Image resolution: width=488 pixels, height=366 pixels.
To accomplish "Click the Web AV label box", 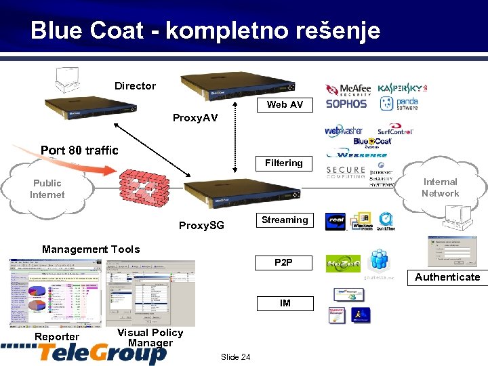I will (x=285, y=104).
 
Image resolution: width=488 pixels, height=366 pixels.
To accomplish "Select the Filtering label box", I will (x=284, y=163).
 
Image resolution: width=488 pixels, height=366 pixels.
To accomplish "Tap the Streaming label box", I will (x=285, y=220).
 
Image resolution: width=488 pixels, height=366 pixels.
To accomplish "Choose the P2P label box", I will (x=285, y=262).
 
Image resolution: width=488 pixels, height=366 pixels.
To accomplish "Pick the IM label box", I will (x=285, y=303).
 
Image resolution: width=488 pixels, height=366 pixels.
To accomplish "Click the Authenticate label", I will (x=447, y=277).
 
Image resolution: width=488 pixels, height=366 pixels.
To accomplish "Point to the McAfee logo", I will (x=349, y=89).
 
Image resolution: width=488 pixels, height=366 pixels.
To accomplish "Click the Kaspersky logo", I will (x=403, y=88).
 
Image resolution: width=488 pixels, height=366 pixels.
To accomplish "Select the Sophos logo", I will (x=346, y=104).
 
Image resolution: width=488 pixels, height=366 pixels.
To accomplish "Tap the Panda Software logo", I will (x=399, y=104).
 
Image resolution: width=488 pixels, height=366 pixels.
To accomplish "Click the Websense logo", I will (x=359, y=154).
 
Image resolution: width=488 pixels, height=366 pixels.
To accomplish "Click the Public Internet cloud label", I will (x=47, y=188).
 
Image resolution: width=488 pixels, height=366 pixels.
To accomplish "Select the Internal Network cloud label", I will (x=440, y=187).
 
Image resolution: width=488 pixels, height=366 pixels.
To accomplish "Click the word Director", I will (x=135, y=86).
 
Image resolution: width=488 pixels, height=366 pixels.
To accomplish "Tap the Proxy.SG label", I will (x=201, y=225).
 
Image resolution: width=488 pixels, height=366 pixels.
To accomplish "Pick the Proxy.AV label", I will (x=195, y=118).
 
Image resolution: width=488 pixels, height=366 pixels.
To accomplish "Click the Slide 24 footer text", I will (x=235, y=357).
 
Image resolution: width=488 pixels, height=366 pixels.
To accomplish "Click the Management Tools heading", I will (x=91, y=249).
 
